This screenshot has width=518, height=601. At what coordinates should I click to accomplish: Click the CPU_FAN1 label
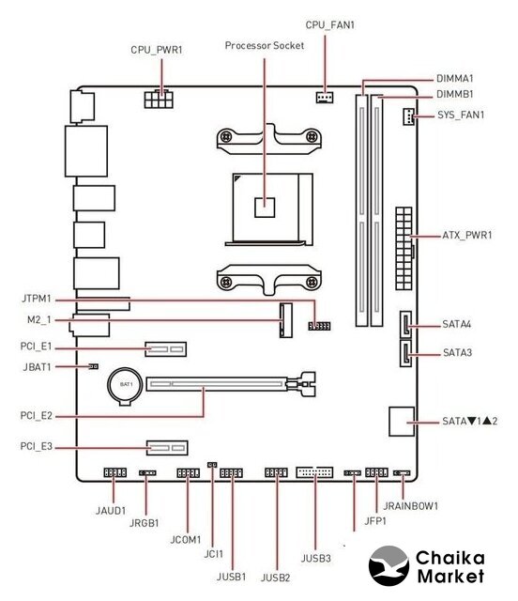(330, 25)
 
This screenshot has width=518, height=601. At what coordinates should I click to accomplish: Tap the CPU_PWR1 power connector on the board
(159, 99)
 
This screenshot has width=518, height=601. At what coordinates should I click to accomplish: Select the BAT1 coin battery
(125, 387)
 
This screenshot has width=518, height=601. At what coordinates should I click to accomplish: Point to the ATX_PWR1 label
(467, 235)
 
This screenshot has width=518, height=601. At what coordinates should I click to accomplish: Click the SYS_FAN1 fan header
(408, 116)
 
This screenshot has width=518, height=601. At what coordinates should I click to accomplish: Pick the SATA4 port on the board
(405, 324)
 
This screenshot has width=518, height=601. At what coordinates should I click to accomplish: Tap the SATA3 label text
(457, 353)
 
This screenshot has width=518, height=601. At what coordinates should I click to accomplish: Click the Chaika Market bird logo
(388, 566)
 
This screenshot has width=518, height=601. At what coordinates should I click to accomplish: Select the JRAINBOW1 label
(410, 506)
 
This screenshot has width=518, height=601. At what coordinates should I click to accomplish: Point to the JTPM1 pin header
(319, 326)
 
